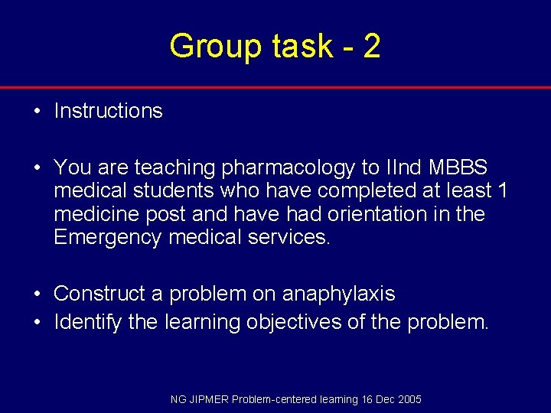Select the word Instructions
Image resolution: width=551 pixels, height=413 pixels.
tap(108, 111)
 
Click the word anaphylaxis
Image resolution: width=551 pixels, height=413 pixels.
tap(338, 294)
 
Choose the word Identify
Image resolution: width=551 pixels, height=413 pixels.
tap(87, 322)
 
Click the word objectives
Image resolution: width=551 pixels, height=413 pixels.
tap(294, 322)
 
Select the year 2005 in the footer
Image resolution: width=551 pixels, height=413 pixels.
tap(408, 399)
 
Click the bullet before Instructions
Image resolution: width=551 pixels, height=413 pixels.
tap(37, 112)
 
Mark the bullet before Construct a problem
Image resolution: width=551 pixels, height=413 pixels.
tap(37, 294)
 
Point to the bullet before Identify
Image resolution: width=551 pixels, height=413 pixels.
tap(37, 323)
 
